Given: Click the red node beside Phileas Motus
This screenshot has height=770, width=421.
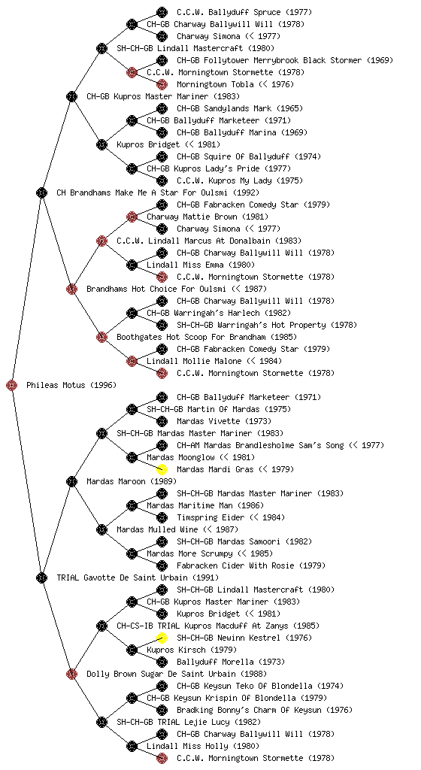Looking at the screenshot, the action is (x=12, y=385).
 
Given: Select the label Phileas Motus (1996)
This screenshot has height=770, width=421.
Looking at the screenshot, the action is (x=71, y=385).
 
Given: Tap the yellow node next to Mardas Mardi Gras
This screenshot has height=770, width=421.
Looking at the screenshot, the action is (x=162, y=469).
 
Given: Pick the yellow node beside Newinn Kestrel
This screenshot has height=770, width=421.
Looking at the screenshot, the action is (x=162, y=638).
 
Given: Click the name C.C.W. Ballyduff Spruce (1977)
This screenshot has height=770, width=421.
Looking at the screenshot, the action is (x=244, y=12).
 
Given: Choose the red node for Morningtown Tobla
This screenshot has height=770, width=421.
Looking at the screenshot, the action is (x=162, y=84).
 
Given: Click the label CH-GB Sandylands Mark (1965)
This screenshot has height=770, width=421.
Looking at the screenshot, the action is (x=240, y=108).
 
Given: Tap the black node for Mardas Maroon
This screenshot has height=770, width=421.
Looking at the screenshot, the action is (x=71, y=481).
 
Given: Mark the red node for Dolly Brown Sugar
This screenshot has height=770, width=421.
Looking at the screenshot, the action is (x=71, y=674).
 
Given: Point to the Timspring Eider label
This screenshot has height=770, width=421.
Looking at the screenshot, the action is (x=210, y=517).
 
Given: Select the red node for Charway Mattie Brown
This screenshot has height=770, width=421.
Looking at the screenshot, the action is (x=132, y=217).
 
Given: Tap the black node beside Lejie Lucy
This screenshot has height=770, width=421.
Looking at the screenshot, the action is (x=101, y=722).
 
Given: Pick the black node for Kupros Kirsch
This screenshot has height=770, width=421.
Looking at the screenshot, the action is (x=132, y=650).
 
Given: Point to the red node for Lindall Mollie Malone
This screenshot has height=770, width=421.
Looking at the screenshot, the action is (x=132, y=361).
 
